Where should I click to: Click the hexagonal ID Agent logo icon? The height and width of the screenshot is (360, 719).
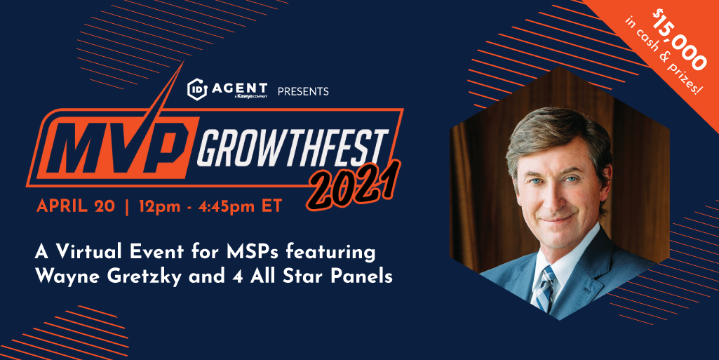pos(197,89)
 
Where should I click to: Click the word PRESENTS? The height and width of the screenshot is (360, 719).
pos(303,91)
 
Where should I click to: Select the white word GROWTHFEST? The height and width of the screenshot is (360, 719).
pos(293,147)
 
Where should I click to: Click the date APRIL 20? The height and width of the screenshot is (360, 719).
pos(76,206)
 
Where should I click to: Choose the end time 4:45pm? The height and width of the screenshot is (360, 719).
pos(227,207)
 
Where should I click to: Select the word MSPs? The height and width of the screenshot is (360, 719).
pos(263,253)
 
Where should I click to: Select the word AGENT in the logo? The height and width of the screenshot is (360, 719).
pos(239,87)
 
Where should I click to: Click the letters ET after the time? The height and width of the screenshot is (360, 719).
pos(271,206)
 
